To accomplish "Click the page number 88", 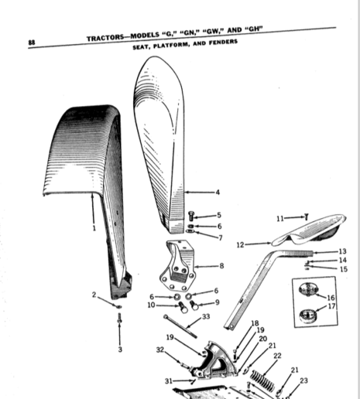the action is [32, 43].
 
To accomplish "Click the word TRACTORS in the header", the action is [105, 38].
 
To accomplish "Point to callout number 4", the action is [218, 193].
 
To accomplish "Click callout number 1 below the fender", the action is [94, 228].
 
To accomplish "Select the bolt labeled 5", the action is [191, 216].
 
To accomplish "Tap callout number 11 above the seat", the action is [280, 219].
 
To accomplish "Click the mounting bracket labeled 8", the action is [177, 265].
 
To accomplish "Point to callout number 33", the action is [206, 316].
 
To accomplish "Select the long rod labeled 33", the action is [180, 326].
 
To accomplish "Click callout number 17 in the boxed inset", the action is [331, 306].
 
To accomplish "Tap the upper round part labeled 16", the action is [308, 290].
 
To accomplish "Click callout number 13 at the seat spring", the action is [342, 251].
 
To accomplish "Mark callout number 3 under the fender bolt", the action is [120, 350].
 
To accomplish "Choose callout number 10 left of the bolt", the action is [151, 305].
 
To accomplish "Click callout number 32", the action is [160, 350].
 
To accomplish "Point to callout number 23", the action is [303, 380].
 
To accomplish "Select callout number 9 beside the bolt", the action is [218, 302].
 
